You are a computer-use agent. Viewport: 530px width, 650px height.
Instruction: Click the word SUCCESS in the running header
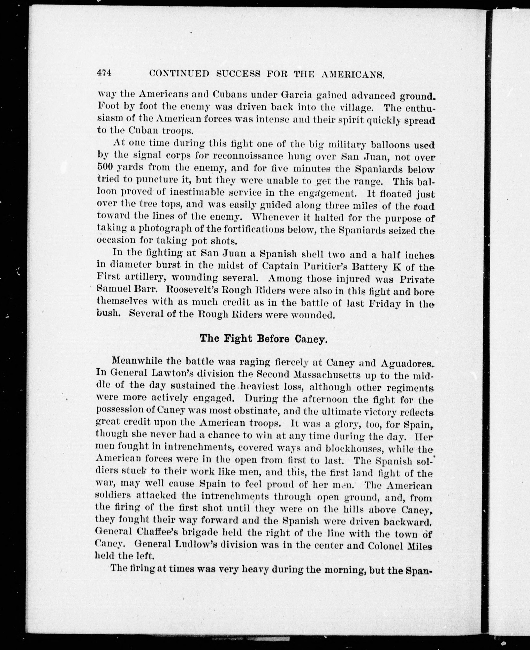[x=238, y=74]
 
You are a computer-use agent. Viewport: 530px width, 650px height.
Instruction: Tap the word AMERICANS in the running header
[x=353, y=75]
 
